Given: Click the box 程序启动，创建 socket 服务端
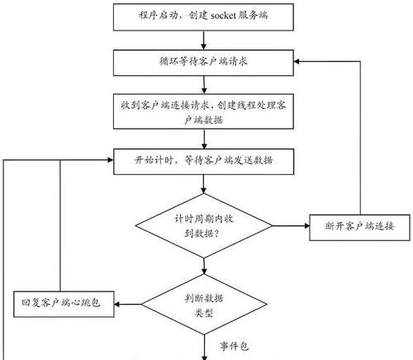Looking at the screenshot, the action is pos(203,17).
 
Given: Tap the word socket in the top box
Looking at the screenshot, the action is pos(223,16).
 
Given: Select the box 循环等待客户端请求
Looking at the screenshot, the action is pos(203,63).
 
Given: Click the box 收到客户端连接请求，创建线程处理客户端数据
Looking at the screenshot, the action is pos(203,111).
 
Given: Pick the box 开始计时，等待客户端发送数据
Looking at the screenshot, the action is pos(203,162).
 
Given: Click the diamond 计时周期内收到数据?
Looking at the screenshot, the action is pos(204,225).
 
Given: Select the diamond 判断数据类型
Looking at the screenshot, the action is pos(204,305).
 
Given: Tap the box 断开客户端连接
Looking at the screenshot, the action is pos(359,228).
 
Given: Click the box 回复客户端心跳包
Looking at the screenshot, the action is pos(64,304).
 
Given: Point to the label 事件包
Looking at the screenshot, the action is pos(234,346).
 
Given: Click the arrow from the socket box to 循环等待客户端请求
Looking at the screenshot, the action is pos(203,40).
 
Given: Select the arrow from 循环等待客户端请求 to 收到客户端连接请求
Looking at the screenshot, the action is pos(204,85).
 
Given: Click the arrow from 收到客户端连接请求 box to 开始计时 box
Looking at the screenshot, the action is pos(204,139).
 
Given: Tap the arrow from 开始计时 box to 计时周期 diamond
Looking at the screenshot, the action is pos(203,184).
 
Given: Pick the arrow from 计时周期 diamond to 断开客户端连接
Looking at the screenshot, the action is pos(291,225).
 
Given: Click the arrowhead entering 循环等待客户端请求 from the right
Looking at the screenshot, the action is pos(297,61).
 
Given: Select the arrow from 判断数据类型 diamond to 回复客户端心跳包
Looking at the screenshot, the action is pos(127,304).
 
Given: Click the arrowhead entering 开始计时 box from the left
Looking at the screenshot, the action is pos(111,160).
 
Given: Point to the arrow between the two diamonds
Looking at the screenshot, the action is pos(204,266).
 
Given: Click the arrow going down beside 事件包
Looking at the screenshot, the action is pos(204,348).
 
